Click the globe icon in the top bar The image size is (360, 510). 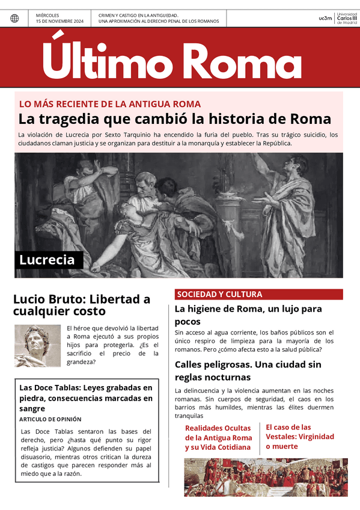(14, 18)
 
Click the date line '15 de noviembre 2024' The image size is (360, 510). (59, 21)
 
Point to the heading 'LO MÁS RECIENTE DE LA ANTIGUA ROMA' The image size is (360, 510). (110, 104)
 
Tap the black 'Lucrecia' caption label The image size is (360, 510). (47, 260)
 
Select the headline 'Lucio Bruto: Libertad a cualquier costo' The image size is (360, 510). (82, 305)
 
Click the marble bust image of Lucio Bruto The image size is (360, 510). (37, 346)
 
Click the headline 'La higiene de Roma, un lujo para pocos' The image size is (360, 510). (248, 315)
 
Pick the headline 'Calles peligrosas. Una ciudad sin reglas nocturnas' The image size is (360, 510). (248, 370)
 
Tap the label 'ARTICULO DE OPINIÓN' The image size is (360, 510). (50, 419)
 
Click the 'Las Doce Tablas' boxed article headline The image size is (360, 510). (86, 398)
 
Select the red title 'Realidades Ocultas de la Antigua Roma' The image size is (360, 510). (218, 437)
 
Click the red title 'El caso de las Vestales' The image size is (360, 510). (299, 437)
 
